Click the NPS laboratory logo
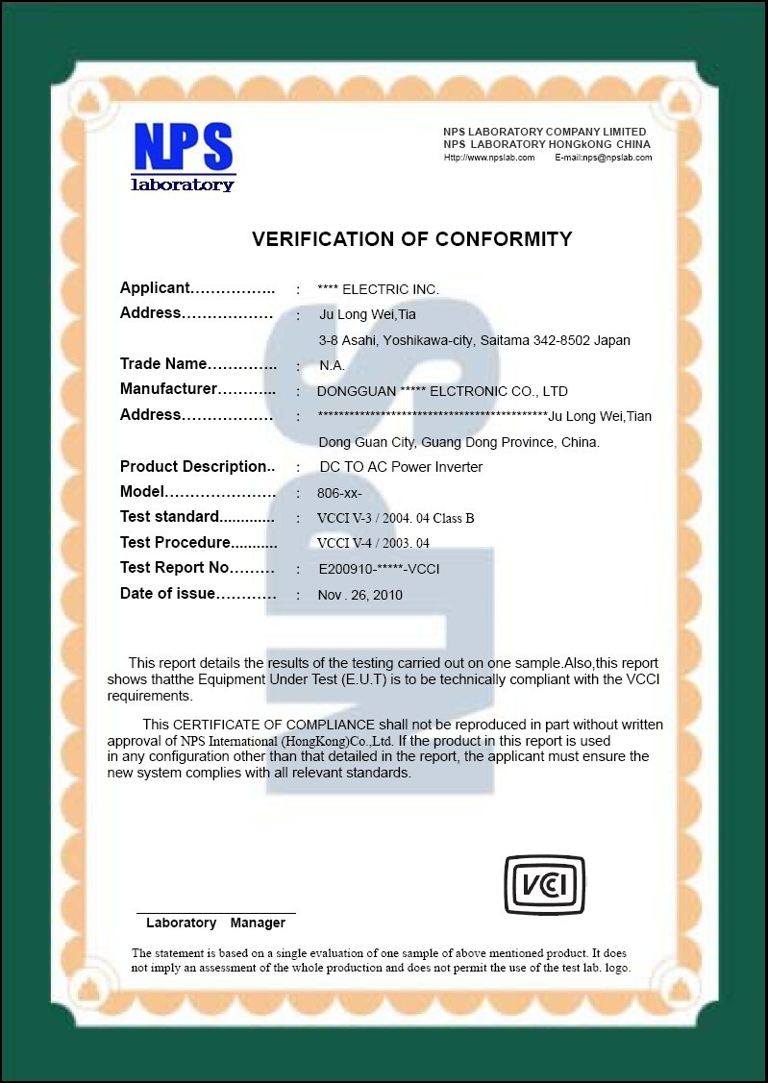[x=183, y=157]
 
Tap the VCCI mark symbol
[x=544, y=884]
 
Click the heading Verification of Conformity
[x=411, y=239]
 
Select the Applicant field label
[x=155, y=288]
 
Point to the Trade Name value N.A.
[x=332, y=366]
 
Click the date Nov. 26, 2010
[x=359, y=595]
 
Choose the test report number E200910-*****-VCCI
[x=379, y=569]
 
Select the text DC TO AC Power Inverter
[x=400, y=467]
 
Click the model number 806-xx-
[x=339, y=493]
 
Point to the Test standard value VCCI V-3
[x=395, y=519]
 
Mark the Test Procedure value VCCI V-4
[x=373, y=544]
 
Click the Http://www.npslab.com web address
[x=488, y=158]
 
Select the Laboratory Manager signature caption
[x=215, y=923]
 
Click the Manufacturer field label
[x=168, y=389]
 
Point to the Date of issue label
[x=167, y=594]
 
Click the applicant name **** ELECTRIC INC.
[x=378, y=289]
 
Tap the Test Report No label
[x=175, y=568]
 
